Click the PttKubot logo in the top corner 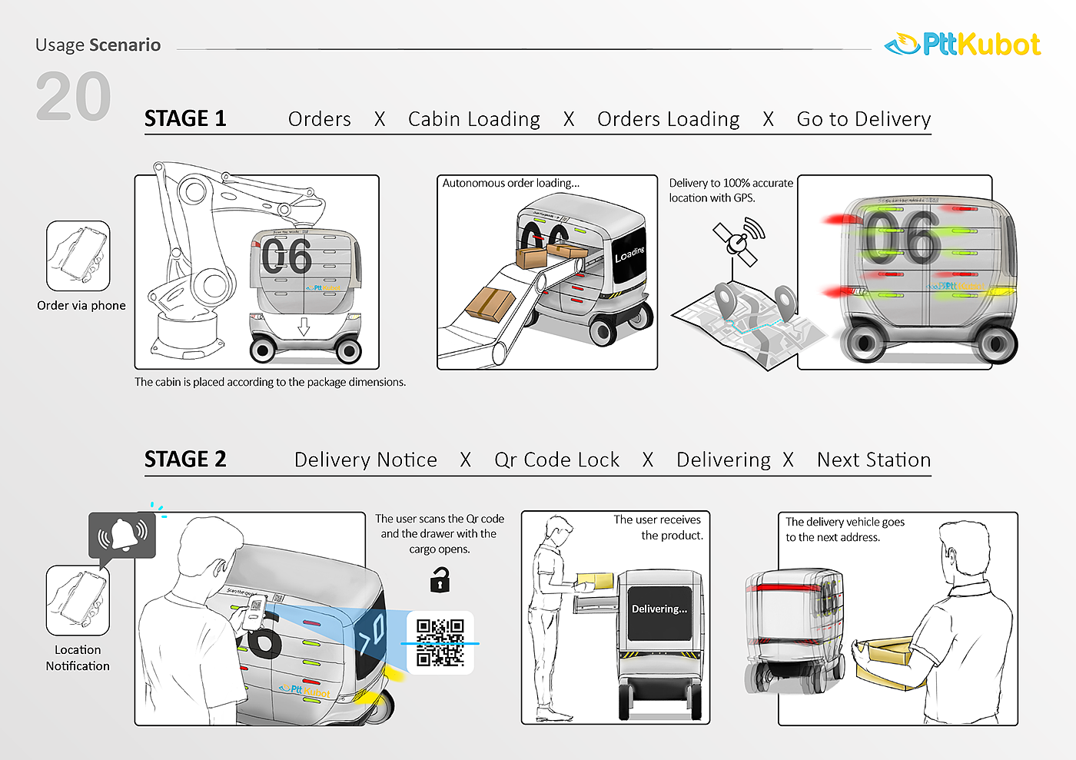(x=963, y=45)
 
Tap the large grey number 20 (x=74, y=97)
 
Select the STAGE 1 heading (x=185, y=118)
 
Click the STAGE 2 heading (x=185, y=459)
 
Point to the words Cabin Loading (x=474, y=119)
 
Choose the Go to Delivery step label (x=864, y=119)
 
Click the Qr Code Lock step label (x=556, y=460)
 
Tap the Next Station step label (x=874, y=460)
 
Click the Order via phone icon (x=78, y=256)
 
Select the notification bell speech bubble (x=122, y=535)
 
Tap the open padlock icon (x=440, y=579)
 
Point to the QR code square (x=440, y=642)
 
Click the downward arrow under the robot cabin (x=304, y=326)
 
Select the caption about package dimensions (x=270, y=382)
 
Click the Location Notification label (x=78, y=658)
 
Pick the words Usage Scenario (x=98, y=45)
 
